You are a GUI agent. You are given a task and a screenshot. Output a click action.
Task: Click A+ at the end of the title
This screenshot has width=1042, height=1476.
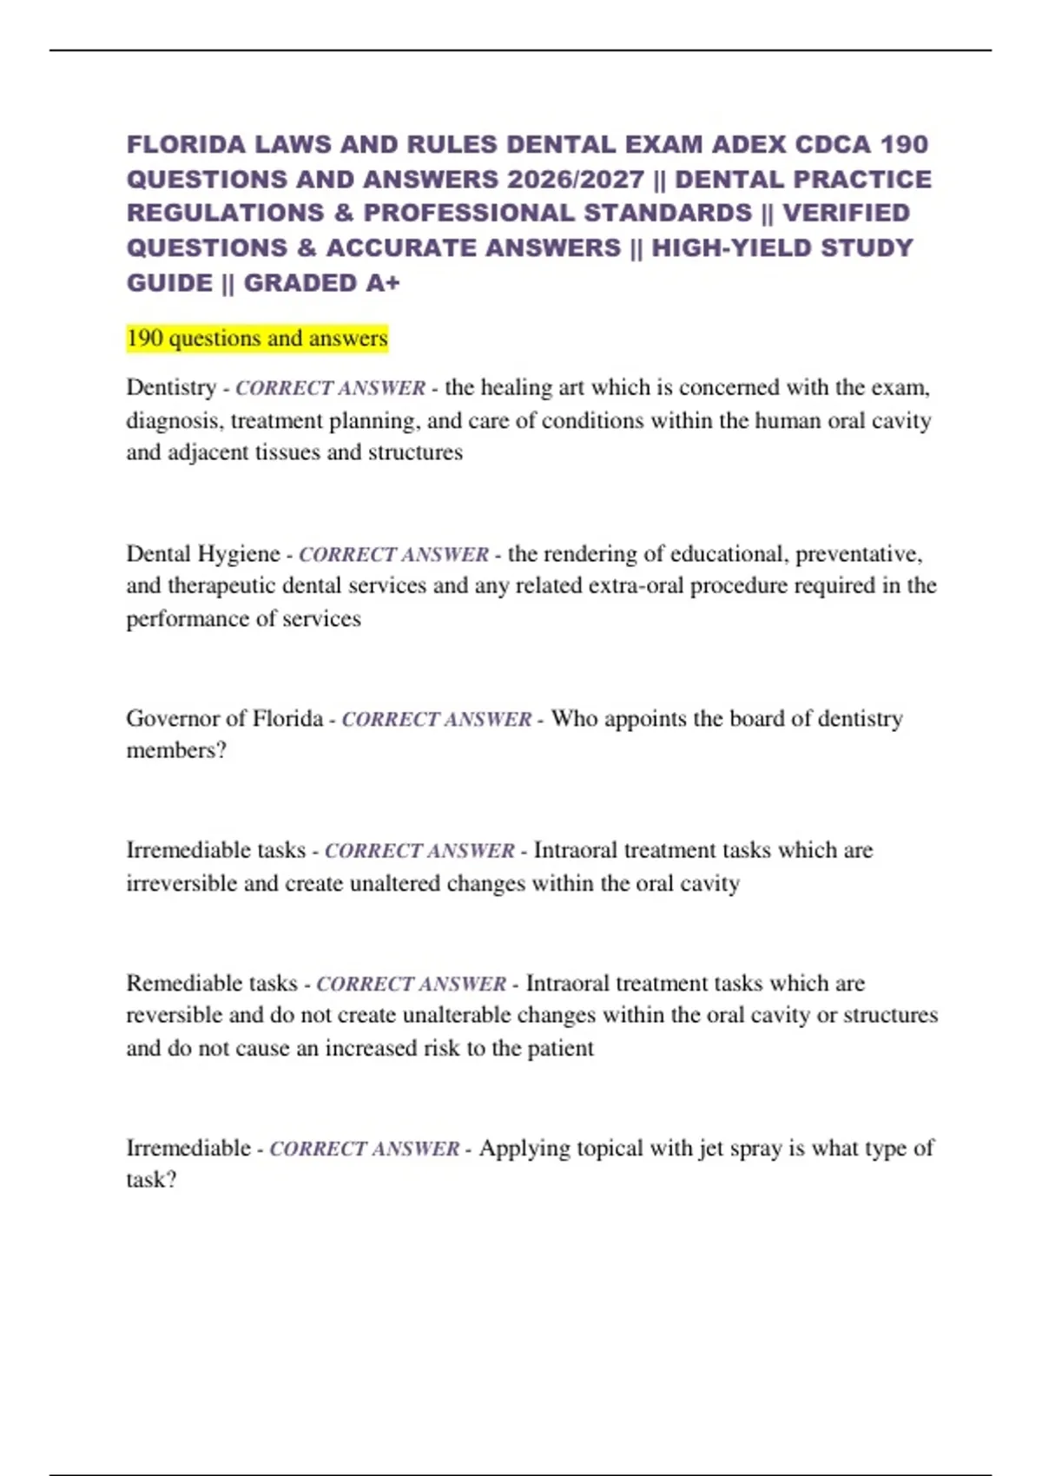click(382, 283)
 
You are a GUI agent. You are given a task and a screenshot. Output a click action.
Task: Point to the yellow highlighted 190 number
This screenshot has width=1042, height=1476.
click(144, 338)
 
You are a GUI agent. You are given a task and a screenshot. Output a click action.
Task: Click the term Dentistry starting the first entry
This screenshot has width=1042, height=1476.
click(171, 387)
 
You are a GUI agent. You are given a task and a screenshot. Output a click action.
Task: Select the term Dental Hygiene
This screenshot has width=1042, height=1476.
click(203, 554)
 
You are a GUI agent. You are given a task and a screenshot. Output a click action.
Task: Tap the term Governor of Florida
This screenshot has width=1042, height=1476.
click(224, 719)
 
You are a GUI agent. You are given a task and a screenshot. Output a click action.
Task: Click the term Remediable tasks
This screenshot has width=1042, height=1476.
click(212, 984)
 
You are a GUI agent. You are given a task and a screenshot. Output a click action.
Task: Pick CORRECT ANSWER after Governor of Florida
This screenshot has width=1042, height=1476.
click(436, 720)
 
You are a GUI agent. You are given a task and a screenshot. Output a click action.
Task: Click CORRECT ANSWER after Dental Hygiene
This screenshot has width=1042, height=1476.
click(393, 555)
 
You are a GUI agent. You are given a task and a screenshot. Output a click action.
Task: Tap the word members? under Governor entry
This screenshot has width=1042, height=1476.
click(176, 750)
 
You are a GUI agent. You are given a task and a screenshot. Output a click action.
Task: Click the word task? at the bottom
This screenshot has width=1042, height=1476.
click(151, 1180)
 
